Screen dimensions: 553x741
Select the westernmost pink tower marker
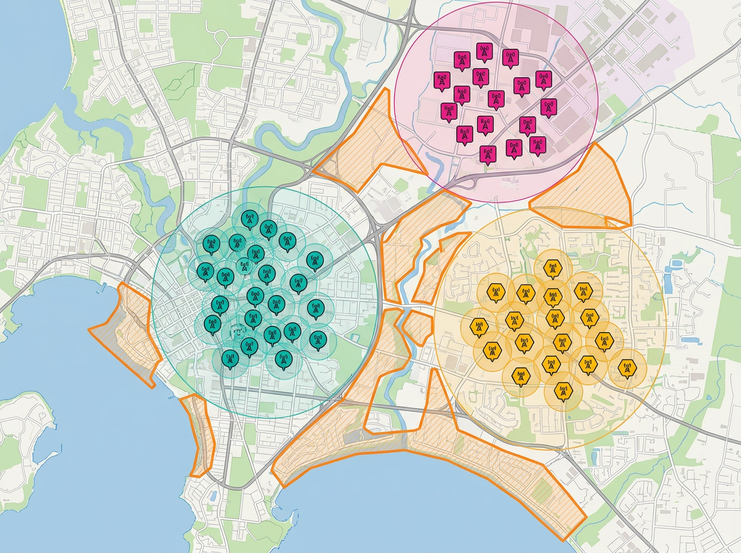[442, 81]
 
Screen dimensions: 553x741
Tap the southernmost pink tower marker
[488, 152]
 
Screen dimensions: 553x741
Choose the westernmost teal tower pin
[204, 270]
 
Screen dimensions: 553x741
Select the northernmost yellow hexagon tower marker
[552, 269]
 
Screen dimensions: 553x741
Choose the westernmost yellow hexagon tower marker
[478, 326]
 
